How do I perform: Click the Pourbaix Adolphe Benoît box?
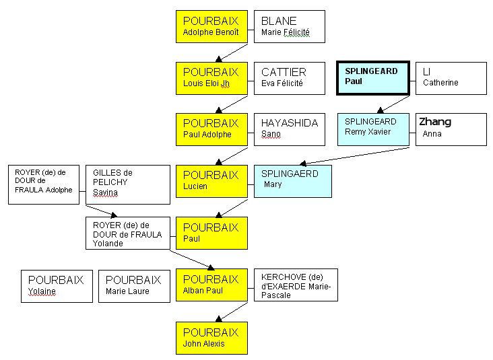coord(211,26)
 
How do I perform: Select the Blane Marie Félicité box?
coord(289,26)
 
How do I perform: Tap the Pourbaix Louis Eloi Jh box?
coord(211,77)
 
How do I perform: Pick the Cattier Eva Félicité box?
coord(289,77)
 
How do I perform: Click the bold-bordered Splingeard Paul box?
coord(372,78)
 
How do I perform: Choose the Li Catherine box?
coord(451,78)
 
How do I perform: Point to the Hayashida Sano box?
coord(289,129)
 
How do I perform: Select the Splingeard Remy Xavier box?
coord(373,129)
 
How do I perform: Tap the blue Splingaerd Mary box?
coord(292,181)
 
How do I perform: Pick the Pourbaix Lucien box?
coord(211,181)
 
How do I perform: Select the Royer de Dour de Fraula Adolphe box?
coord(44,184)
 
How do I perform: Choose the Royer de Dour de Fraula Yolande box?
coord(127,233)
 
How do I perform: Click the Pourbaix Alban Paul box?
coord(211,285)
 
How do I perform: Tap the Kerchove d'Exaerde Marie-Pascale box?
coord(296,285)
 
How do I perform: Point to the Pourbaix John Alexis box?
coord(211,338)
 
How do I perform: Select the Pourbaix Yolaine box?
coord(57,286)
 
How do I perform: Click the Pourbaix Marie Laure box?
coord(134,286)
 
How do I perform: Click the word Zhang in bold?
coord(435,122)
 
